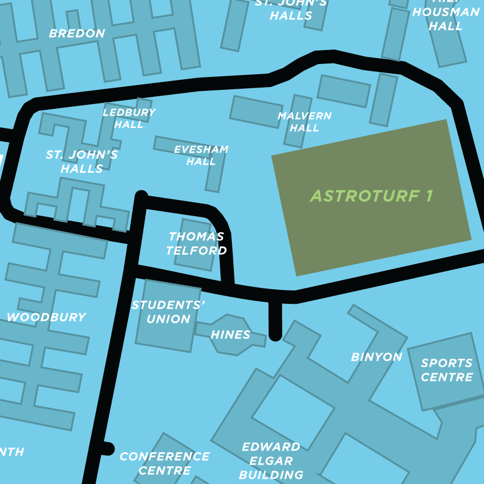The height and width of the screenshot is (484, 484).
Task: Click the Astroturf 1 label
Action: pos(371,196)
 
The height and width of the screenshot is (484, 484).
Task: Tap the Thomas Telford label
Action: pos(196,244)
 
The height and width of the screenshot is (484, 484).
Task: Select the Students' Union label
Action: pos(169,312)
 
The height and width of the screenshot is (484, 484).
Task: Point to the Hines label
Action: pos(230,334)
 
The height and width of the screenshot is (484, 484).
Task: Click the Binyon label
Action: pos(376,357)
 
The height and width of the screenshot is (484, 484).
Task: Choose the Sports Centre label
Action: pos(446,370)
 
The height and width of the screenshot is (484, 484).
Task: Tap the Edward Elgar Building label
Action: pos(271,461)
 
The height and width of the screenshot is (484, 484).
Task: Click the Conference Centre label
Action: pos(164,463)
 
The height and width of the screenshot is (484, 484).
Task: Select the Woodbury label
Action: pos(46,317)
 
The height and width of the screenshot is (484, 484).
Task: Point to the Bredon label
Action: pos(77,33)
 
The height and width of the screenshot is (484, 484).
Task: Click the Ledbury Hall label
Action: pos(129,118)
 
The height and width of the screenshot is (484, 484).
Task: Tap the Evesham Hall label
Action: pos(201,155)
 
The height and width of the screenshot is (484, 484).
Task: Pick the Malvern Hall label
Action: pos(304,122)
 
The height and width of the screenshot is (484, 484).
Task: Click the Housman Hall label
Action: pos(446,19)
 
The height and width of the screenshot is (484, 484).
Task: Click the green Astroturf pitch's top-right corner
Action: pos(446,120)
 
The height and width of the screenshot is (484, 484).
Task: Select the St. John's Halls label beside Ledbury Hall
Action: pos(82,161)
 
